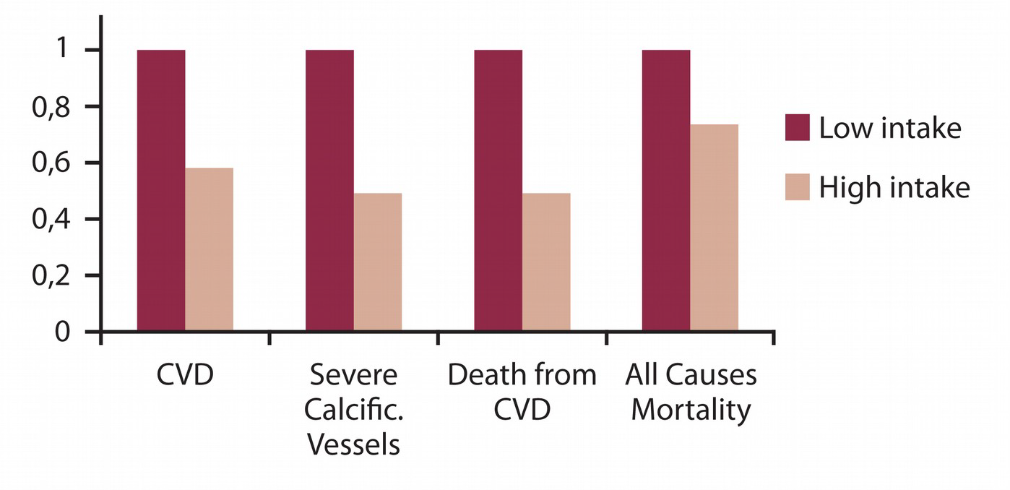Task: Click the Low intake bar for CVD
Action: tap(161, 191)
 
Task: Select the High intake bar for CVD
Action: tap(209, 250)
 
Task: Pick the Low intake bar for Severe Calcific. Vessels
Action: tap(329, 191)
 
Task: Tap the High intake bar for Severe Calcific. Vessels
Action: tap(377, 262)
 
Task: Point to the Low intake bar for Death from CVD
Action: tap(498, 191)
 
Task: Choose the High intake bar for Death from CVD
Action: tap(546, 262)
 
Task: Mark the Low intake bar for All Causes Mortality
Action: tap(666, 191)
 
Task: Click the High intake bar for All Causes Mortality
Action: tap(714, 228)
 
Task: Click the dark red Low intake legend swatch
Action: tap(798, 128)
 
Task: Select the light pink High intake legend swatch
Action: tap(798, 187)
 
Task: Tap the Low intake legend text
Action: tap(890, 128)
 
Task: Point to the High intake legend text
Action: tap(894, 187)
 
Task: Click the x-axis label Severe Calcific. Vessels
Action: tap(353, 410)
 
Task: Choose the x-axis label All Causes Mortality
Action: tap(691, 392)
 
